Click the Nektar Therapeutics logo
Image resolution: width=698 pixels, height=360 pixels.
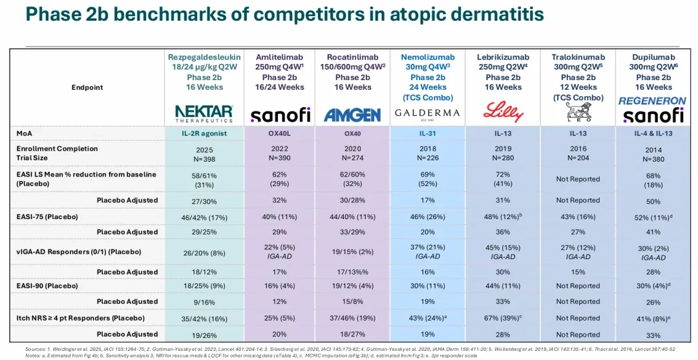(204, 114)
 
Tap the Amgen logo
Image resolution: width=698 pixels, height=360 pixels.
(352, 115)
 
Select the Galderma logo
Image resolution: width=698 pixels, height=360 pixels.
(427, 114)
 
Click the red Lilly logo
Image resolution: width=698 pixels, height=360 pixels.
(503, 112)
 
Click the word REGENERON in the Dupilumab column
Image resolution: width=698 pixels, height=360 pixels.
(653, 101)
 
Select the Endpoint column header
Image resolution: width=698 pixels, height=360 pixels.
(87, 87)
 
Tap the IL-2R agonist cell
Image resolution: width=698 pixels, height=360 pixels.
(205, 132)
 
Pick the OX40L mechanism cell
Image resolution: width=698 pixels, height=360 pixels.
(280, 132)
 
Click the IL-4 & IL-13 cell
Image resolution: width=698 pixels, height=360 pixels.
(653, 132)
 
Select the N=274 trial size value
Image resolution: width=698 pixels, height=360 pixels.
(352, 157)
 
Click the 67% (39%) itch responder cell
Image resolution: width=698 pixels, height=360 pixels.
(503, 318)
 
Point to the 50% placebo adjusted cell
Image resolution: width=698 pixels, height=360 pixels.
(653, 202)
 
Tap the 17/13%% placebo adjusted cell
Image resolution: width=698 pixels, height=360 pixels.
(352, 272)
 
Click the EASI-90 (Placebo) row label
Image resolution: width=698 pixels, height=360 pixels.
(45, 286)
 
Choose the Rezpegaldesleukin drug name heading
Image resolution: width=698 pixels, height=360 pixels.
(205, 56)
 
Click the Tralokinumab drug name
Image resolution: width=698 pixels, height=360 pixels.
(578, 56)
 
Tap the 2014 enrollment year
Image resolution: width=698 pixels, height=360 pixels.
(653, 149)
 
